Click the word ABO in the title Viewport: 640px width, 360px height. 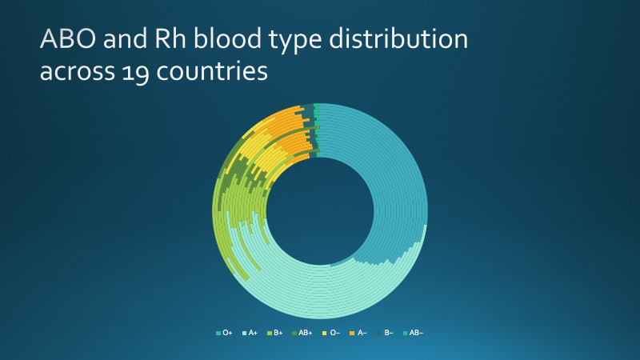pyautogui.click(x=68, y=38)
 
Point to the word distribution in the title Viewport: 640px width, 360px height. pyautogui.click(x=398, y=38)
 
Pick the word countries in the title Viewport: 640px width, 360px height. pyautogui.click(x=212, y=70)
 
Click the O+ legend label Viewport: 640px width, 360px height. pyautogui.click(x=227, y=333)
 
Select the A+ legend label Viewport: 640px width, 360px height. pyautogui.click(x=253, y=333)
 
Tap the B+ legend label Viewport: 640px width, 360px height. pyautogui.click(x=278, y=333)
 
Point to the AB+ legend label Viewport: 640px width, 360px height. pyautogui.click(x=306, y=333)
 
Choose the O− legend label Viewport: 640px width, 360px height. pyautogui.click(x=334, y=333)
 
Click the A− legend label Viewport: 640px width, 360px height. pyautogui.click(x=362, y=333)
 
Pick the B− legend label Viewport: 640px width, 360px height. pyautogui.click(x=389, y=333)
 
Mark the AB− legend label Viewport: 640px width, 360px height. pyautogui.click(x=416, y=333)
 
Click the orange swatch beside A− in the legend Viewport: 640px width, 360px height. pyautogui.click(x=352, y=333)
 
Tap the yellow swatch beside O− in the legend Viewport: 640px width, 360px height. pyautogui.click(x=325, y=333)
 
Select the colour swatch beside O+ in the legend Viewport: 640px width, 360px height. pyautogui.click(x=218, y=333)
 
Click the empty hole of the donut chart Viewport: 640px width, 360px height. pyautogui.click(x=320, y=211)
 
